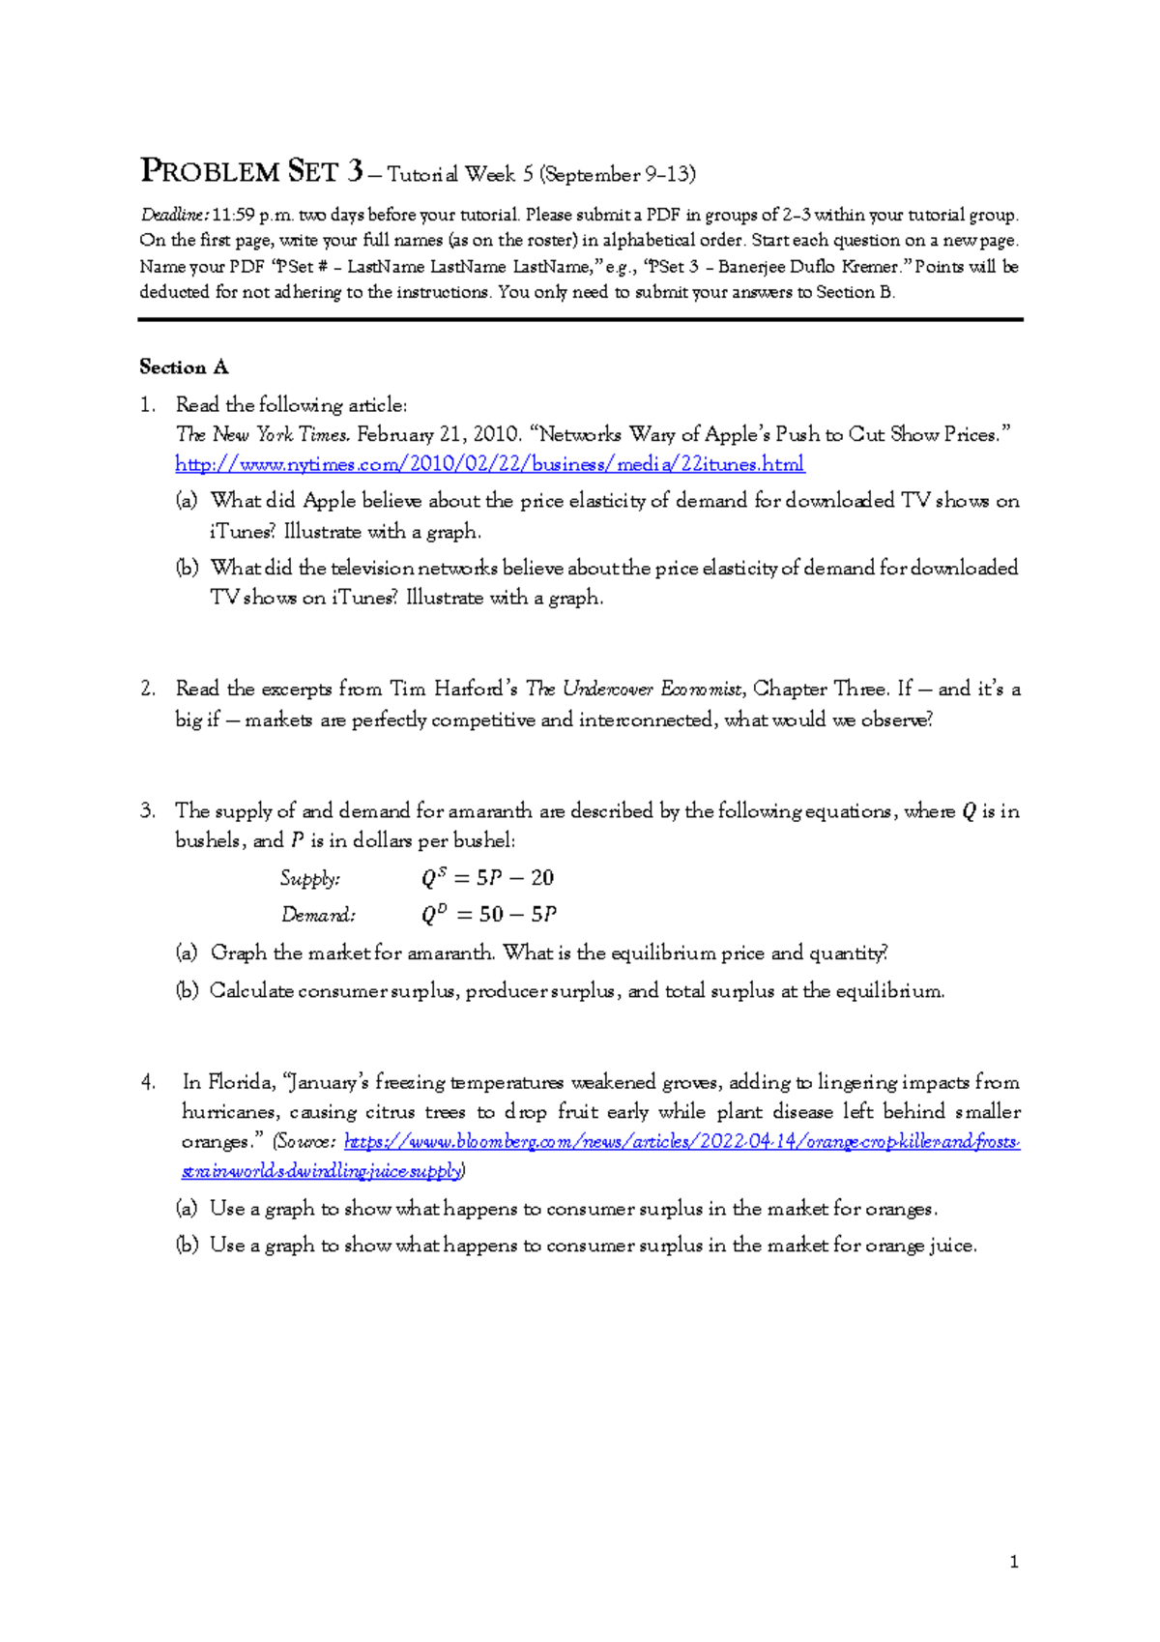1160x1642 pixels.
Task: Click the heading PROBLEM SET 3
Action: [x=251, y=172]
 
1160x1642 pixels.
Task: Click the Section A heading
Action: [x=184, y=367]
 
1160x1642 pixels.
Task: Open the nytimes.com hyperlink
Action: [x=489, y=464]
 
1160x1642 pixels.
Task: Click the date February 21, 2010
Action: [x=438, y=435]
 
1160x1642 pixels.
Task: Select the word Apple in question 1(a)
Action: [x=330, y=501]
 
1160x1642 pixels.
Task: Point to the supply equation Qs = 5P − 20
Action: [x=487, y=878]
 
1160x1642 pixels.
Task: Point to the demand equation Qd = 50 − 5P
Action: [x=489, y=915]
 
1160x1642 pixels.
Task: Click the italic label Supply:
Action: [x=309, y=878]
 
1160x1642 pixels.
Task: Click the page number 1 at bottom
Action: [x=1013, y=1562]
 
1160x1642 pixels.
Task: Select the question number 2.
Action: [x=147, y=689]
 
